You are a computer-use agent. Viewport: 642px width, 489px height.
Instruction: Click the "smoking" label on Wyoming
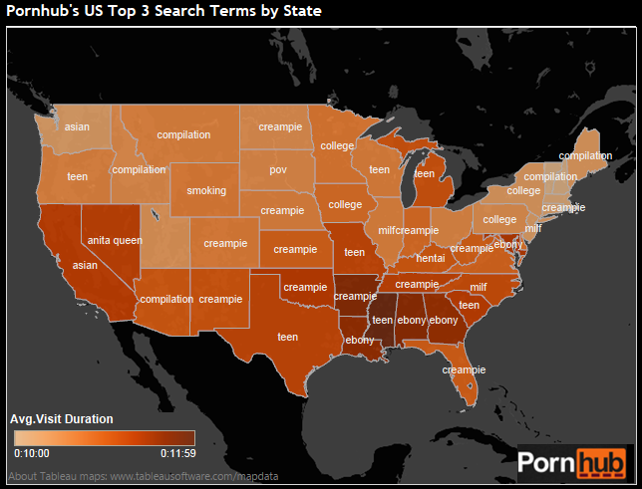pos(206,190)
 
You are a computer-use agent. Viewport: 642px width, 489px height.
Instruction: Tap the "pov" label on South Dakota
pos(278,169)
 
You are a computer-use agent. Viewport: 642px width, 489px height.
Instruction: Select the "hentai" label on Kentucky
pos(431,258)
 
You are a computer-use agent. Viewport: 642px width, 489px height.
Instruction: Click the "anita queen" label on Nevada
pos(115,240)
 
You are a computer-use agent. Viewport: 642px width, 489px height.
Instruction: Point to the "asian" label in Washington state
pos(77,126)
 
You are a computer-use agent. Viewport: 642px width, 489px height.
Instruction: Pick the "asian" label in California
pos(85,266)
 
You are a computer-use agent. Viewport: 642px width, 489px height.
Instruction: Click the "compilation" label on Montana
pos(183,134)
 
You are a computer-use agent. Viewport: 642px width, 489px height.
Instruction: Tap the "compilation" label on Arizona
pos(166,299)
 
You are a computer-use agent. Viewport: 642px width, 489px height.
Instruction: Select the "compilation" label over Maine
pos(585,155)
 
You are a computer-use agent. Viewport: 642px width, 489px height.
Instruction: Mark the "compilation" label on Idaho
pos(139,169)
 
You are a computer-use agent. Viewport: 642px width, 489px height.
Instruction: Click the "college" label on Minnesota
pos(337,145)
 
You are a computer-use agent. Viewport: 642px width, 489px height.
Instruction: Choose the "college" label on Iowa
pos(345,204)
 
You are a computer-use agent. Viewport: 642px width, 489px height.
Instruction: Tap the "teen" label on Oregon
pos(77,176)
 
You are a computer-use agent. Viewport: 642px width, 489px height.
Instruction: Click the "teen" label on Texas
pos(287,337)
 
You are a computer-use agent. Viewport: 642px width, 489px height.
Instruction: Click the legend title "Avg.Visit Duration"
pos(61,418)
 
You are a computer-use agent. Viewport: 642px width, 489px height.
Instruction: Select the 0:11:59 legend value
pos(177,451)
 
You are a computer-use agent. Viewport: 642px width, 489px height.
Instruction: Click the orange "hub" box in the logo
pos(597,463)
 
